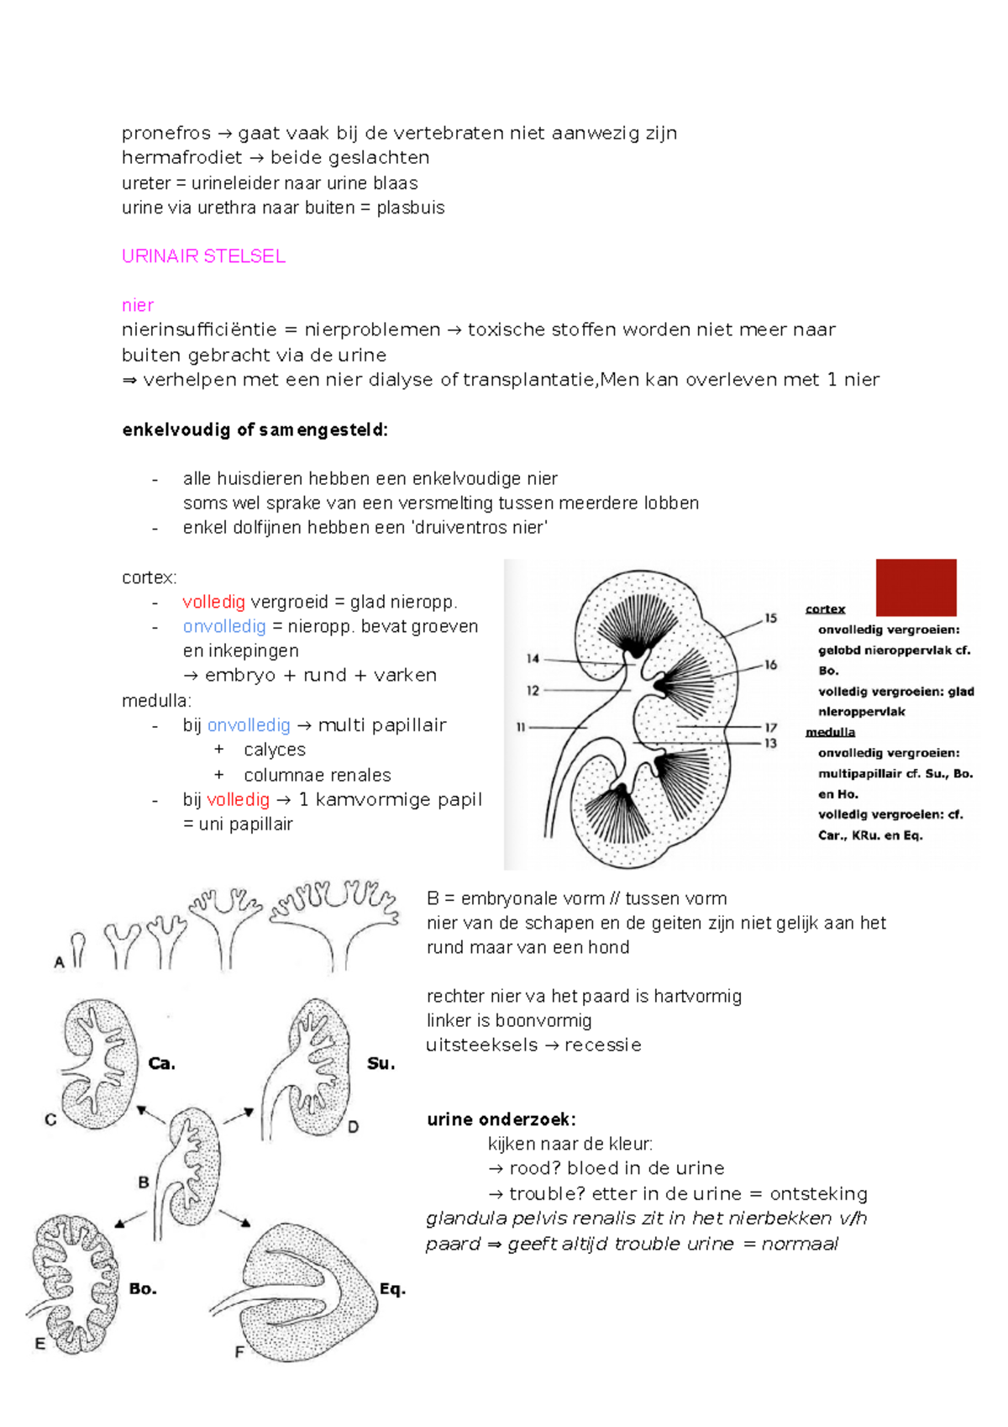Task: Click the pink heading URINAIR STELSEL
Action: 203,256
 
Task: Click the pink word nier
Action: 138,306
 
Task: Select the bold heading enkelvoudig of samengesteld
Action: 255,430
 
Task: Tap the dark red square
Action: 916,587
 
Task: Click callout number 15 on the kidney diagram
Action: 770,618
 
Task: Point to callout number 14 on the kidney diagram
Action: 533,659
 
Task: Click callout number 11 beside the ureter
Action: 521,728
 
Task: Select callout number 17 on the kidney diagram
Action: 770,728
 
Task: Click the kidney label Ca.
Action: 161,1064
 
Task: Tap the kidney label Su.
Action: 381,1064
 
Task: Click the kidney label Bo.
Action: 143,1289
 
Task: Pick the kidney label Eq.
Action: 392,1289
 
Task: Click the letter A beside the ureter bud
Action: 60,963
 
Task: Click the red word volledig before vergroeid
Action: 213,603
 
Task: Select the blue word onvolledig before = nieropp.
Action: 224,627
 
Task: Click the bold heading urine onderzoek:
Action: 501,1119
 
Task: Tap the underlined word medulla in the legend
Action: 830,732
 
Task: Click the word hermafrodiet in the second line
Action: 181,158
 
